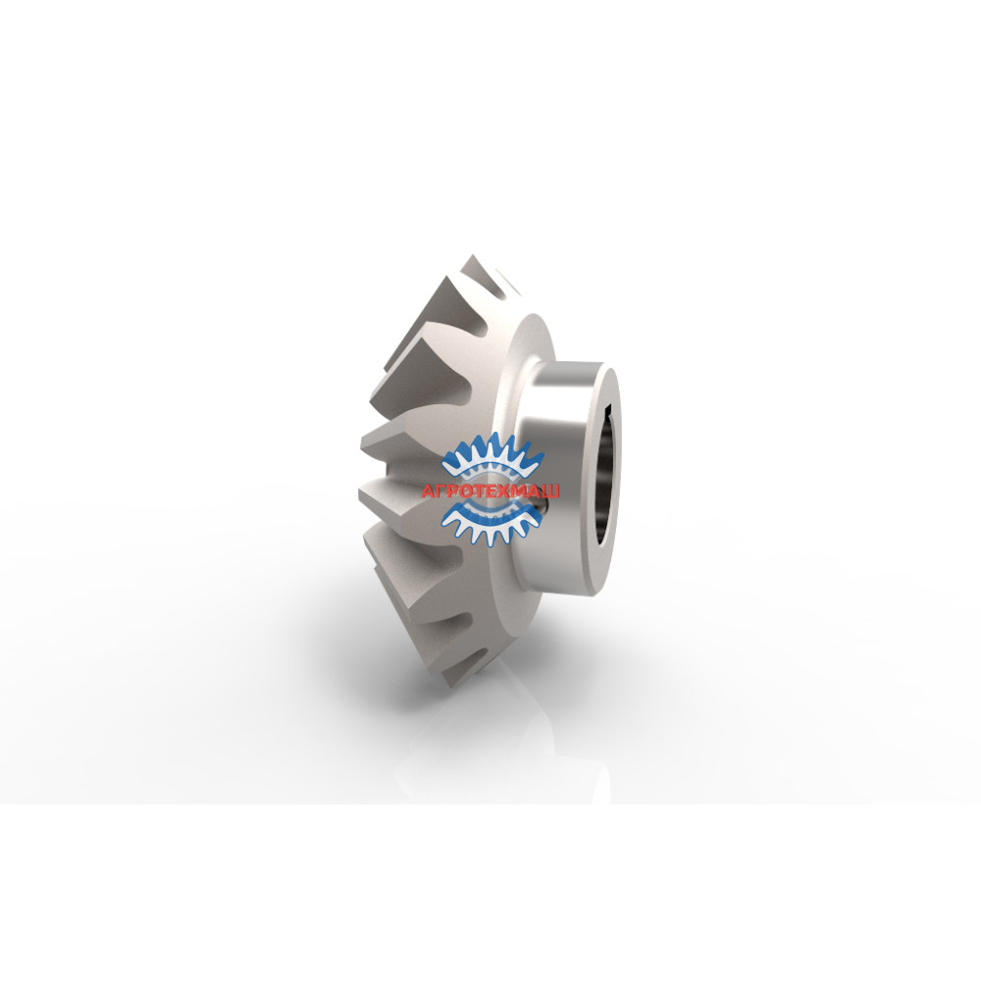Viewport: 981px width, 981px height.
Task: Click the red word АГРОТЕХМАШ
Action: [x=491, y=490]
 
